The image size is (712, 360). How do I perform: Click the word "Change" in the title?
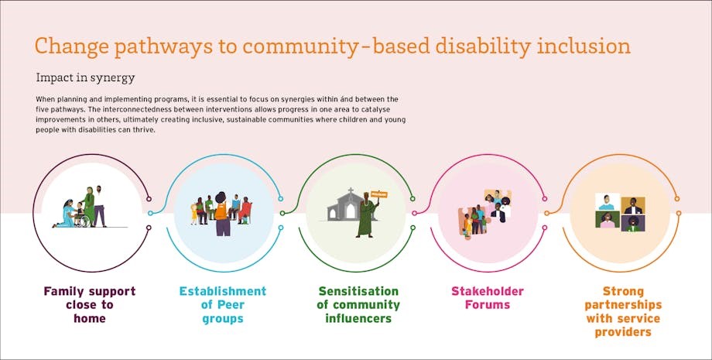click(72, 46)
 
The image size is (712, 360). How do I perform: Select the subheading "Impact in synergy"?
click(85, 77)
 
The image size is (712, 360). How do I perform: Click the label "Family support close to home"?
click(90, 304)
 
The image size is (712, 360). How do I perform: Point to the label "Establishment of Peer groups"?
click(223, 304)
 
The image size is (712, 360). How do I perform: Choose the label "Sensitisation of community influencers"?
click(358, 304)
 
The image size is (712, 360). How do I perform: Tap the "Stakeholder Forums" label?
click(488, 298)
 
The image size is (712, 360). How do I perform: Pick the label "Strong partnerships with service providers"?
click(623, 311)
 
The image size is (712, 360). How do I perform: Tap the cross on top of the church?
click(350, 190)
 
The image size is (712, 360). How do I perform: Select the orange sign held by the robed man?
click(378, 194)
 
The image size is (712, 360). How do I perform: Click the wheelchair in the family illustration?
click(82, 221)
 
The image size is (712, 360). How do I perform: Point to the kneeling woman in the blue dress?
click(65, 214)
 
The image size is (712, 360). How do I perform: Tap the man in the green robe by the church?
click(367, 217)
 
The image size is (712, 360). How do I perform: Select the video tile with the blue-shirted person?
click(608, 202)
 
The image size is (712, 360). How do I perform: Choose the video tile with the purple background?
click(633, 223)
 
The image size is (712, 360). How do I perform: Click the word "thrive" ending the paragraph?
click(145, 130)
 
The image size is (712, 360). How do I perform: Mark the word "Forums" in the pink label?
click(488, 304)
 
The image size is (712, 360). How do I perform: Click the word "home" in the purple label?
click(90, 319)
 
